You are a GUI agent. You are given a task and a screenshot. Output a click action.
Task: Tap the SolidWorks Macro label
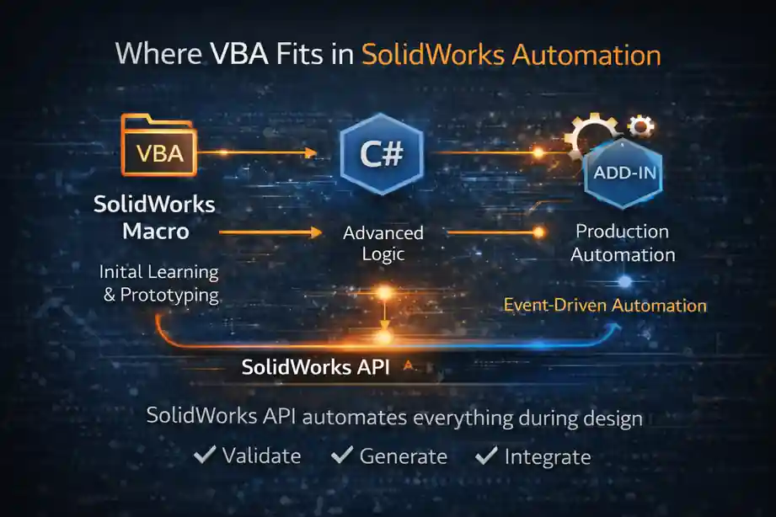(x=154, y=217)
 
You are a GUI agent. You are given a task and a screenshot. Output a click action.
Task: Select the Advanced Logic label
(x=383, y=243)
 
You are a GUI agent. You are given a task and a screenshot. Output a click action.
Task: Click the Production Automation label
(x=623, y=243)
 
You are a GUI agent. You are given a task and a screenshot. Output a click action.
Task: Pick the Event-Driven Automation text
(x=605, y=305)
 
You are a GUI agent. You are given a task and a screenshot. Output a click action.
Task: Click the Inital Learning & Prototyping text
(x=158, y=284)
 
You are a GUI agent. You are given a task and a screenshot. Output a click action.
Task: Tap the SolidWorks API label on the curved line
(x=316, y=367)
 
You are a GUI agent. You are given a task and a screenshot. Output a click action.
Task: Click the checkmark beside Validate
(x=205, y=456)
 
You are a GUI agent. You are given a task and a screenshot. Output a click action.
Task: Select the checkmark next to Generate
(x=342, y=456)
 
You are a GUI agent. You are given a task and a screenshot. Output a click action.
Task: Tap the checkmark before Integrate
(x=487, y=456)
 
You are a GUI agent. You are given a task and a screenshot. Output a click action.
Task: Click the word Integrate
(x=548, y=457)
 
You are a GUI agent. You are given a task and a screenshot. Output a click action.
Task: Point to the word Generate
(x=404, y=457)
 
